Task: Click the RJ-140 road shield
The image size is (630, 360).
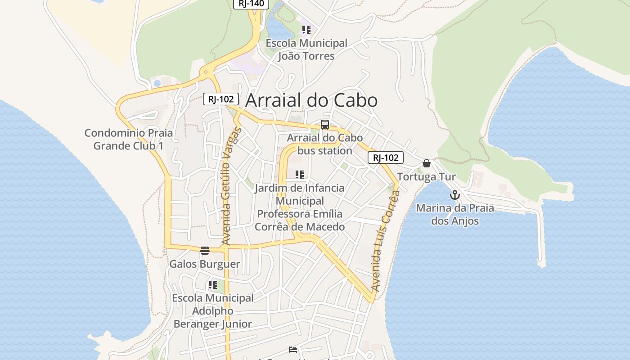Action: click(251, 4)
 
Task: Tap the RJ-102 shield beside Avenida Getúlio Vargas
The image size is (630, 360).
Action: click(220, 99)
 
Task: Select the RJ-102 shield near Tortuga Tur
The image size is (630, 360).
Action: click(386, 157)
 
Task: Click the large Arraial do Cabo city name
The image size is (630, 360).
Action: click(311, 100)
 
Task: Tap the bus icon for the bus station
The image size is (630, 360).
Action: click(325, 125)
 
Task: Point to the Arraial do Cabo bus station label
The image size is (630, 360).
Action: click(325, 144)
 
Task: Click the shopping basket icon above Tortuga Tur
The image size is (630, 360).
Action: click(427, 163)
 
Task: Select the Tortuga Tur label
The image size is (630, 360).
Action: click(426, 177)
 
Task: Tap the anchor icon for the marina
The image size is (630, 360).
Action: click(455, 195)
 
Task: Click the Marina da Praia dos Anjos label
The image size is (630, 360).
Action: click(455, 215)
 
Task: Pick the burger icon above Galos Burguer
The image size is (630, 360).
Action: click(205, 251)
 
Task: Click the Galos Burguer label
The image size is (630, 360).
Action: click(205, 264)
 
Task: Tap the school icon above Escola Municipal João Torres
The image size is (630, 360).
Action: click(306, 30)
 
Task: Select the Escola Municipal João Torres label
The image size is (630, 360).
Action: click(306, 49)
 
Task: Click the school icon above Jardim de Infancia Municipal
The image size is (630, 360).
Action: click(300, 175)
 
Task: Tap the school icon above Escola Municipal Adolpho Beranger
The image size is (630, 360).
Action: click(213, 285)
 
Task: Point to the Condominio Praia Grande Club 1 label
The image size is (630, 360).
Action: click(129, 139)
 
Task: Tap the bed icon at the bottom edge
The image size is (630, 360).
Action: click(293, 350)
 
